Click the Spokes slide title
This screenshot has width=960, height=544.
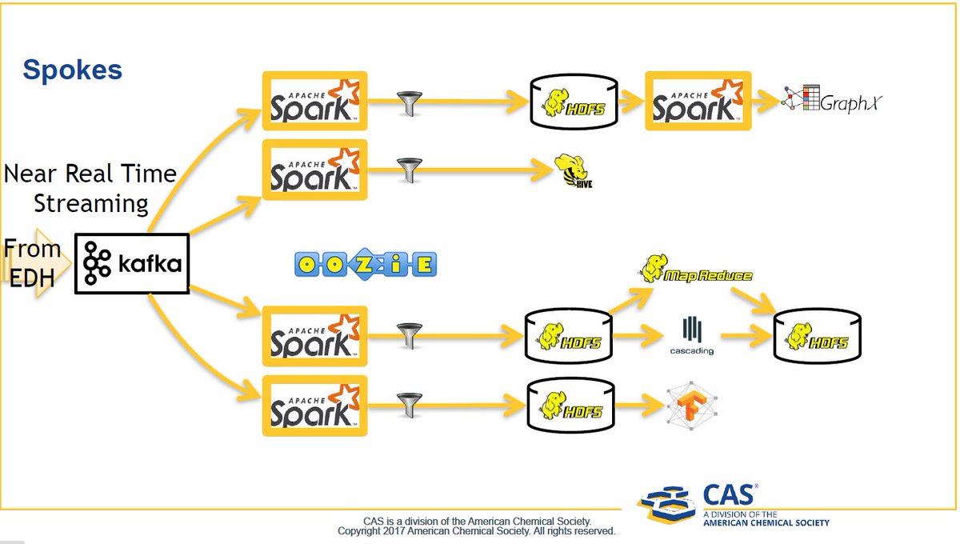click(x=72, y=70)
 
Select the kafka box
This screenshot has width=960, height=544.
click(x=132, y=264)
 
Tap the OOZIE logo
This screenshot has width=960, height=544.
click(x=366, y=265)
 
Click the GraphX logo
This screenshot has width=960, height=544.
click(x=832, y=101)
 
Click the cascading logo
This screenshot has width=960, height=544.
click(x=692, y=336)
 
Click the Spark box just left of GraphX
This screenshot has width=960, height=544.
click(x=698, y=102)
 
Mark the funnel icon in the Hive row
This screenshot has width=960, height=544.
click(x=409, y=170)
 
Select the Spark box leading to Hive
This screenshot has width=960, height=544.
click(x=315, y=170)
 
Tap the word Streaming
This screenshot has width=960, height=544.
click(x=90, y=203)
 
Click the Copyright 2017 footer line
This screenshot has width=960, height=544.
click(x=476, y=531)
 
